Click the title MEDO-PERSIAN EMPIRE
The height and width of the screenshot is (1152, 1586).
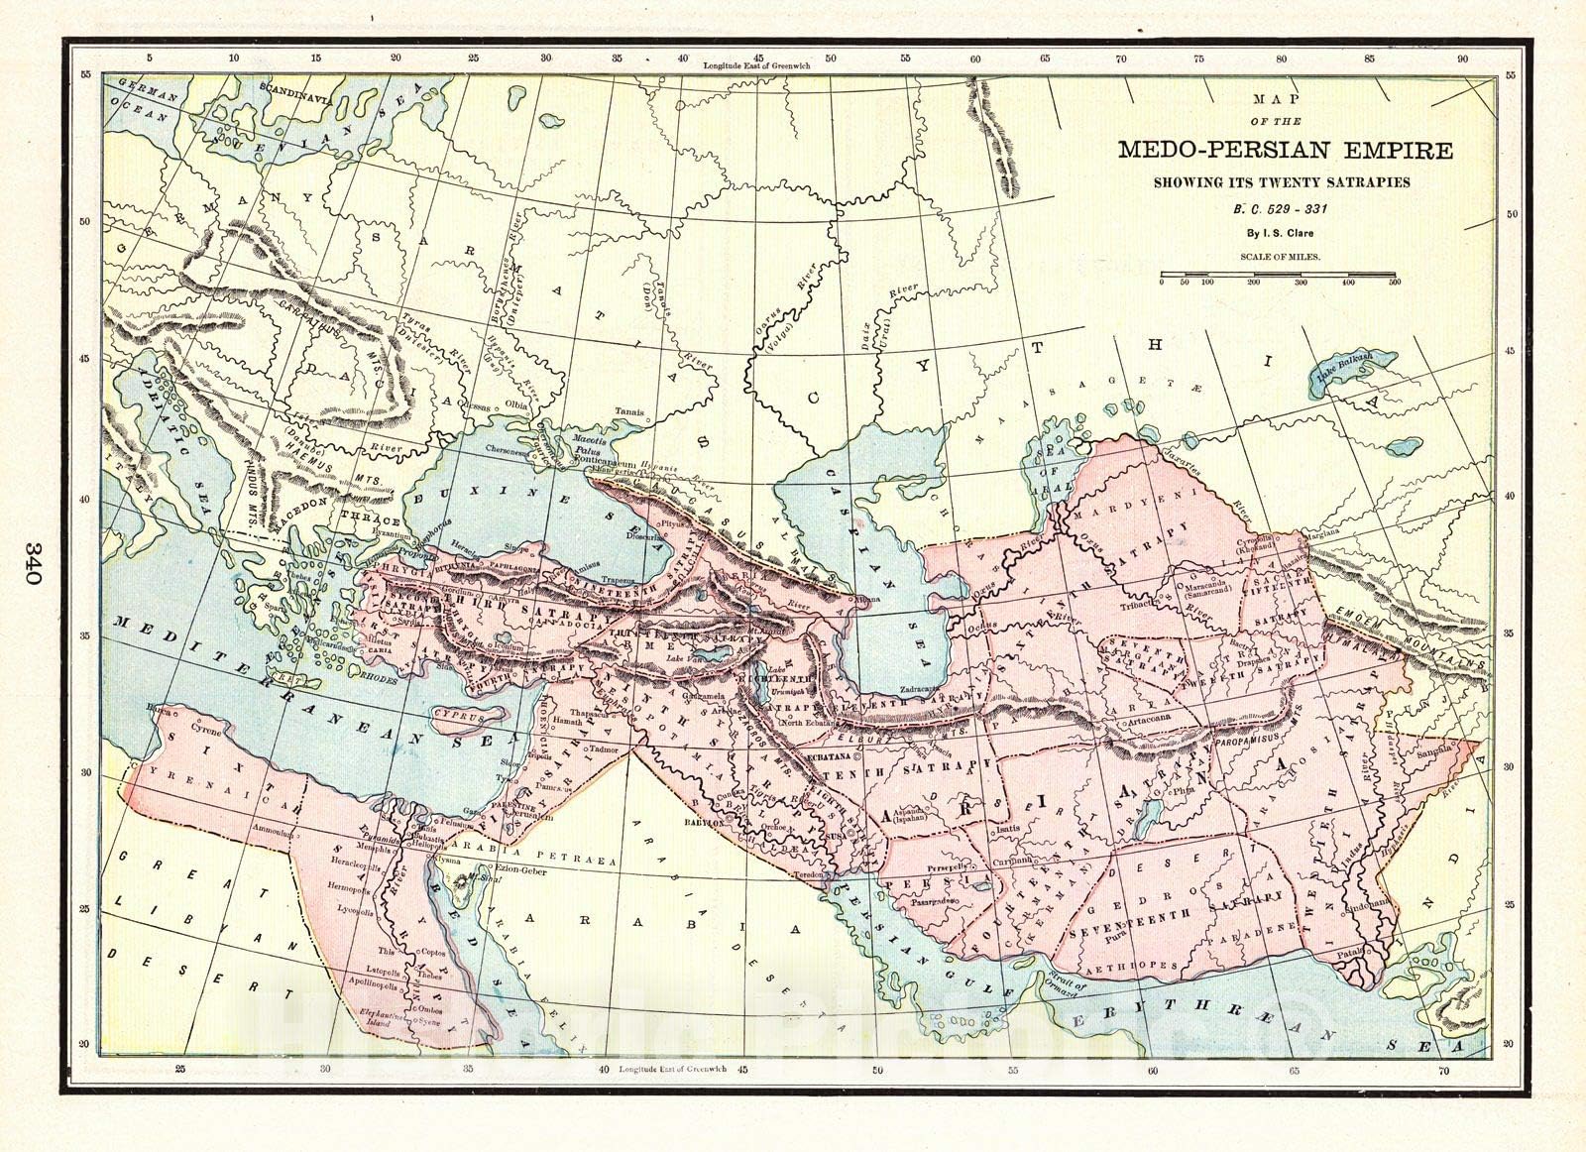pyautogui.click(x=1286, y=151)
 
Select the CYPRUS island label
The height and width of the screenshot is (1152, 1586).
pyautogui.click(x=458, y=714)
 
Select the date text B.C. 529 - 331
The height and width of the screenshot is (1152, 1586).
pyautogui.click(x=1283, y=210)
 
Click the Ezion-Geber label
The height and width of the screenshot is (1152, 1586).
pyautogui.click(x=519, y=868)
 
